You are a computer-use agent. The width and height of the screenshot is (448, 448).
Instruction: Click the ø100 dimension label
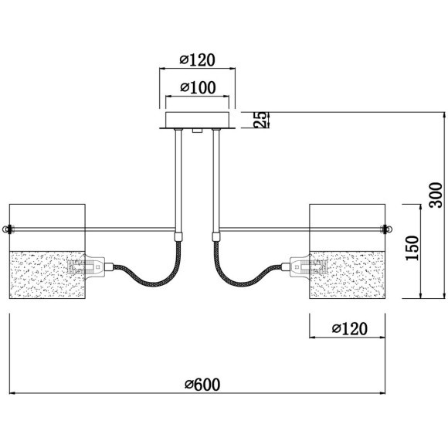pyautogui.click(x=198, y=88)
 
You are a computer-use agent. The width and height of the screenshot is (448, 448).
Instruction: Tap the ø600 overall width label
pyautogui.click(x=202, y=385)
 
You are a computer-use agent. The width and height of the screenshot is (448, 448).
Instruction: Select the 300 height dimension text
pyautogui.click(x=436, y=195)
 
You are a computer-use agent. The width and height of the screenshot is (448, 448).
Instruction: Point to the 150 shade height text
pyautogui.click(x=412, y=248)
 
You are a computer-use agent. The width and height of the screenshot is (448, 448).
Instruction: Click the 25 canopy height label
pyautogui.click(x=261, y=120)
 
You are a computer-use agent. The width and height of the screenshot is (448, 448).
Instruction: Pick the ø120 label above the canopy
pyautogui.click(x=197, y=60)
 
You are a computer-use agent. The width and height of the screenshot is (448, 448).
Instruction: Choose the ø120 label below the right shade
pyautogui.click(x=349, y=329)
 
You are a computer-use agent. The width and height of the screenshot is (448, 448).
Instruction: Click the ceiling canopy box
pyautogui.click(x=198, y=120)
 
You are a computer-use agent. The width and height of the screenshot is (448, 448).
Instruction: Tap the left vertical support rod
pyautogui.click(x=178, y=181)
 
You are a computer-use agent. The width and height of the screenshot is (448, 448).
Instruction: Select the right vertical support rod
pyautogui.click(x=216, y=181)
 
